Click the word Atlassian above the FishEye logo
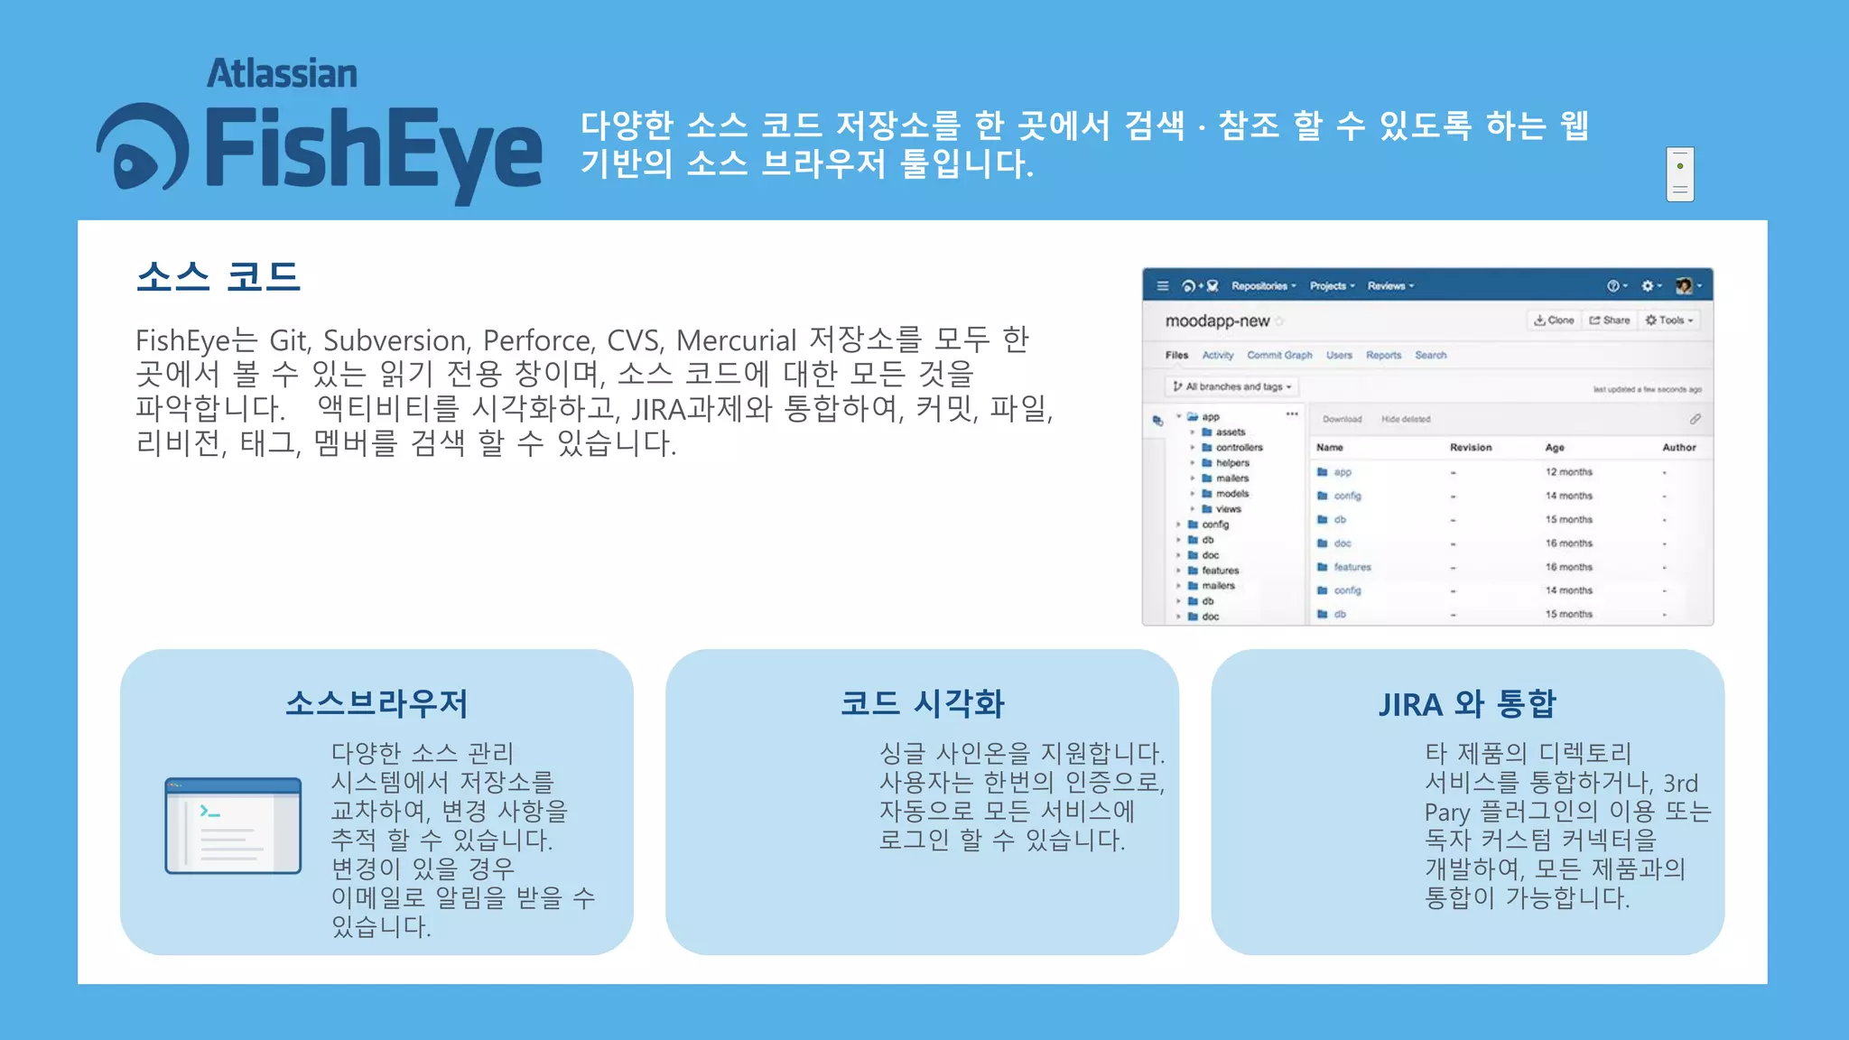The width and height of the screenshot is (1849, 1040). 282,74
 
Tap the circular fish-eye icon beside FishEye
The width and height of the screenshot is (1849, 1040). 143,148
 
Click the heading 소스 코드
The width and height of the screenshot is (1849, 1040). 218,276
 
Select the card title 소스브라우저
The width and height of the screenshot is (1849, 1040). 376,703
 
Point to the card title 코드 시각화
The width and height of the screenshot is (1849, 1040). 922,703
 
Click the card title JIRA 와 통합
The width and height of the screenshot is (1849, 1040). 1467,703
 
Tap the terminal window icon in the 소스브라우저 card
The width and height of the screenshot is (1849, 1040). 233,825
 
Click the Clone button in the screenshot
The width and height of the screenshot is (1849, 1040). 1554,320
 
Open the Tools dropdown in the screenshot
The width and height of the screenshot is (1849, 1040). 1669,320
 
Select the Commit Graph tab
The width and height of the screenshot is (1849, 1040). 1279,356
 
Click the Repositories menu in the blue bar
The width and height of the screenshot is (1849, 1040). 1263,286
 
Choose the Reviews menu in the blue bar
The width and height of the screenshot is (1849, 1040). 1390,286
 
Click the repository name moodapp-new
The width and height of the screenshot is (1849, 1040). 1217,321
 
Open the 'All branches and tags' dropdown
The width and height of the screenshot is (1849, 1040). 1232,387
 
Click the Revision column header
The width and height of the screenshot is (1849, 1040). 1471,448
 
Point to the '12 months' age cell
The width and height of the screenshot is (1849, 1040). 1569,472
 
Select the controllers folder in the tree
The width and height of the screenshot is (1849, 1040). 1239,448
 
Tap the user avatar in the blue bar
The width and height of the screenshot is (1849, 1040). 1684,286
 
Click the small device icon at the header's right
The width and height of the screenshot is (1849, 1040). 1680,174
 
